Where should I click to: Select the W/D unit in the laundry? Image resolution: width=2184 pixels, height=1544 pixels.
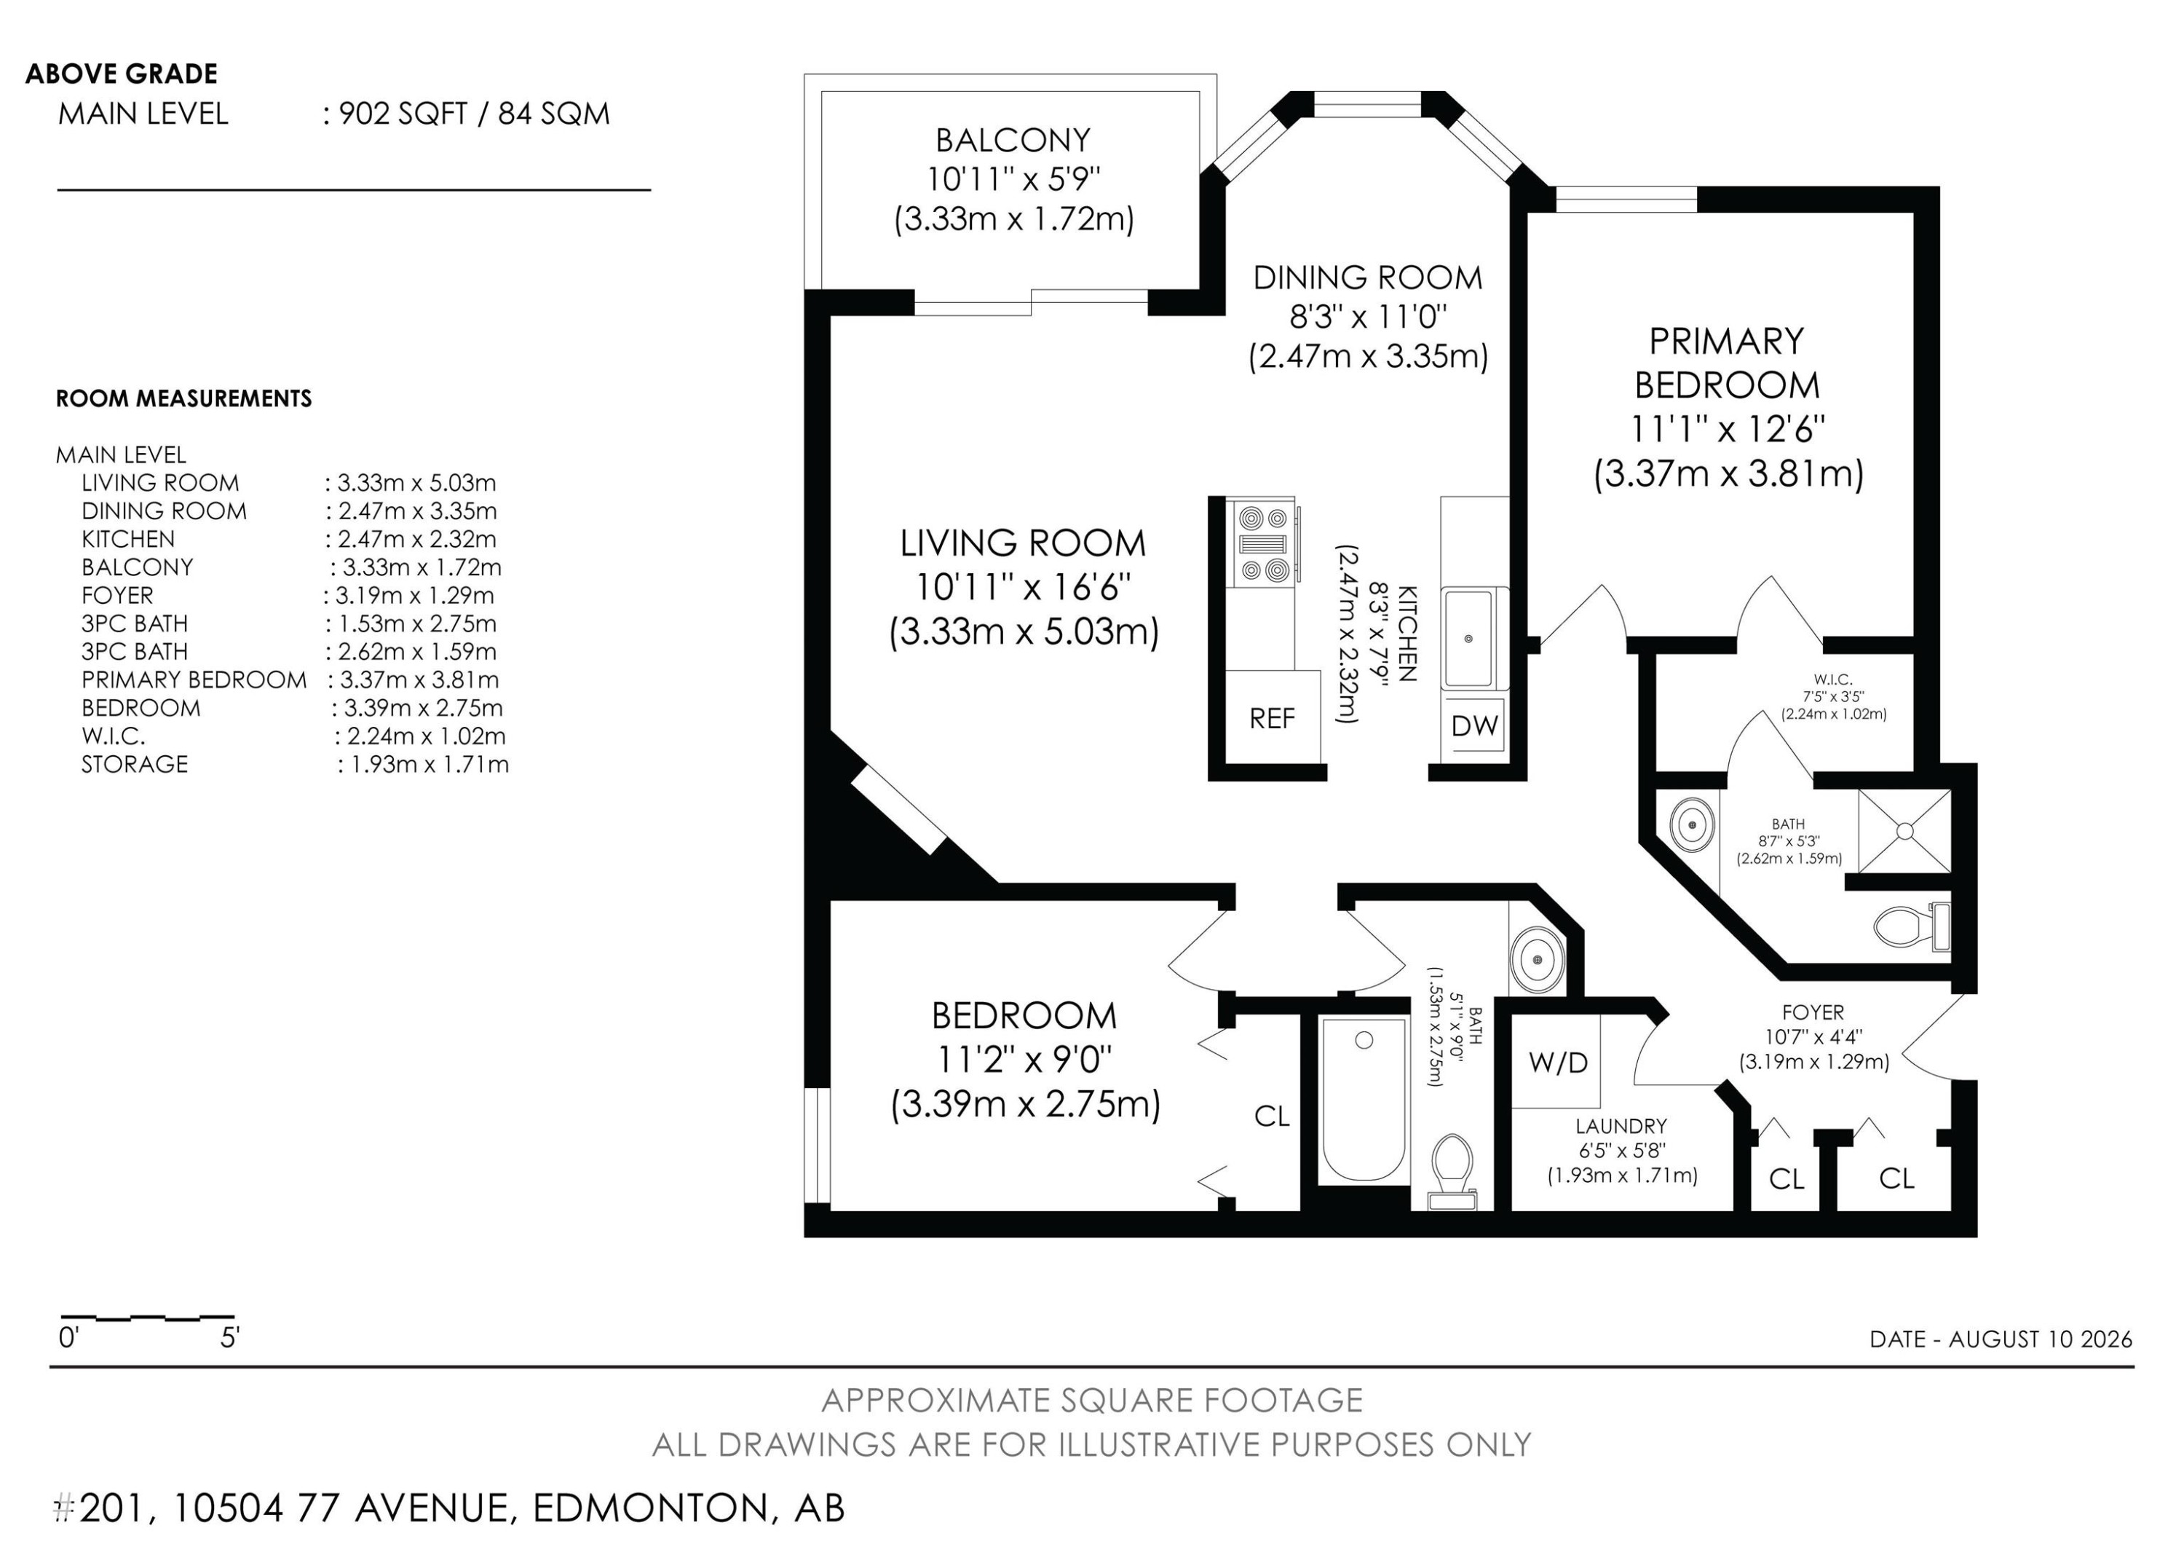(x=1557, y=1062)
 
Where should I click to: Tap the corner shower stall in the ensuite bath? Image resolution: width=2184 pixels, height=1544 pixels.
(x=1904, y=830)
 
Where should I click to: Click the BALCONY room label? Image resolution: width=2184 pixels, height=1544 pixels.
(x=1013, y=141)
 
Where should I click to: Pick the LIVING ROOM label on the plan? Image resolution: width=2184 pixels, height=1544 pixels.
(x=1024, y=543)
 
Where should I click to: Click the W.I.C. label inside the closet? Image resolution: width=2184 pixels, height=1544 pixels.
(x=1832, y=680)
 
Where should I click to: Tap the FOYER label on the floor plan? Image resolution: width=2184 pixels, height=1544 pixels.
(x=1813, y=1012)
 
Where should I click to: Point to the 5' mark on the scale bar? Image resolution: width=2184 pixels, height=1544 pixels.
(x=229, y=1339)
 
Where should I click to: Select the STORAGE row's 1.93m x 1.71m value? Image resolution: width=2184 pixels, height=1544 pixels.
(x=422, y=765)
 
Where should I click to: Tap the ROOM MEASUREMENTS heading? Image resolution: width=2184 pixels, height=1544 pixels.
(x=183, y=398)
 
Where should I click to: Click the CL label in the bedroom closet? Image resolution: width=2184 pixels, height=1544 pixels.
(x=1272, y=1116)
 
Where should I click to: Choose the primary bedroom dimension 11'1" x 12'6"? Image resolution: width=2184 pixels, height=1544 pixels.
(x=1728, y=429)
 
